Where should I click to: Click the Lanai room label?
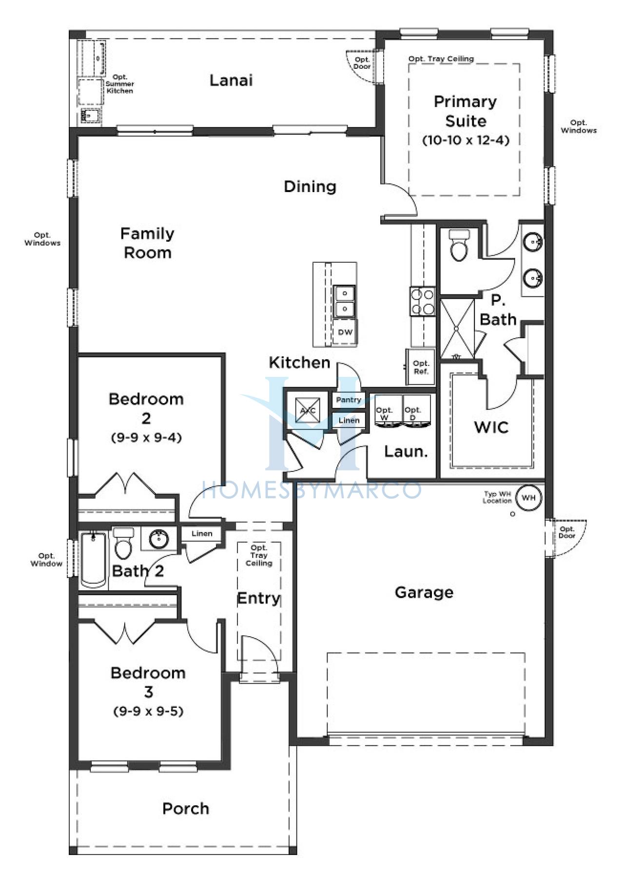point(231,80)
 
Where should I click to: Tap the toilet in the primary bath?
point(459,245)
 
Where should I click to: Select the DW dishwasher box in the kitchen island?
point(345,332)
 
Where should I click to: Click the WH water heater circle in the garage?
point(528,498)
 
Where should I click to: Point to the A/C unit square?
point(308,410)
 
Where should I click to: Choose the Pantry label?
point(349,400)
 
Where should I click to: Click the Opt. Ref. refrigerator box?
point(421,367)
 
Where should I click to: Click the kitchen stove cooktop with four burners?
point(422,301)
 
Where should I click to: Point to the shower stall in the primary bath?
point(457,329)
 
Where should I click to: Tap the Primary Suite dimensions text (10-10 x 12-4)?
point(466,140)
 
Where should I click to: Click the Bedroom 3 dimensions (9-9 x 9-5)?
point(148,711)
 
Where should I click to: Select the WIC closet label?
point(491,428)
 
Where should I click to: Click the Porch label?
point(186,809)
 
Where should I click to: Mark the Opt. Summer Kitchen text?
point(119,84)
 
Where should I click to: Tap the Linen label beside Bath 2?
point(202,533)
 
